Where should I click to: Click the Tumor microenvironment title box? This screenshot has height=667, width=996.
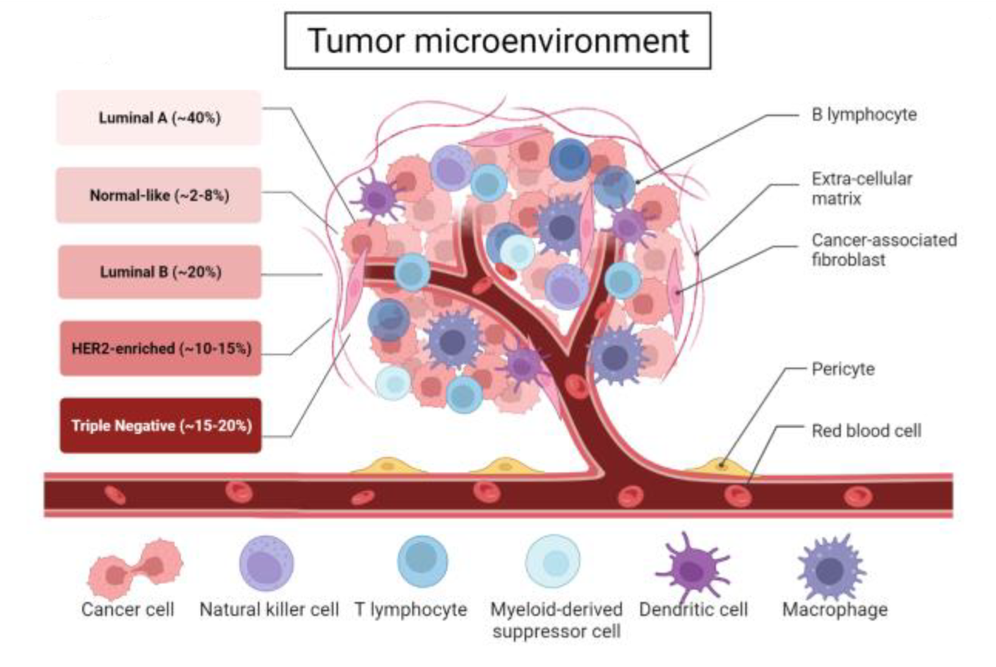tap(498, 40)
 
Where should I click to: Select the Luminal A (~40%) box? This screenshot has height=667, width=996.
tap(159, 117)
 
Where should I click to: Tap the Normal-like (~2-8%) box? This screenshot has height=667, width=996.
tap(159, 195)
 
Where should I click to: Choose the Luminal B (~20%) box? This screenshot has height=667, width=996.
tap(160, 272)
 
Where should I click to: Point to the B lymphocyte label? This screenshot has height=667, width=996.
tap(864, 114)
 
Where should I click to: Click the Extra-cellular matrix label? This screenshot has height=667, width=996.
tap(861, 189)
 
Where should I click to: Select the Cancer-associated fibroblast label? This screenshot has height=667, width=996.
tap(883, 249)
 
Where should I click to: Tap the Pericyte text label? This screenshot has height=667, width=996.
tap(843, 369)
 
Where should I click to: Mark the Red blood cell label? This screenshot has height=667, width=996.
tap(866, 431)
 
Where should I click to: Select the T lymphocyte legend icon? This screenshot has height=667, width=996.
tap(422, 561)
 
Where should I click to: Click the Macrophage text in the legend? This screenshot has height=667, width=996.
tap(835, 610)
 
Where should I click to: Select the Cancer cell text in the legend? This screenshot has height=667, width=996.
tap(128, 610)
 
